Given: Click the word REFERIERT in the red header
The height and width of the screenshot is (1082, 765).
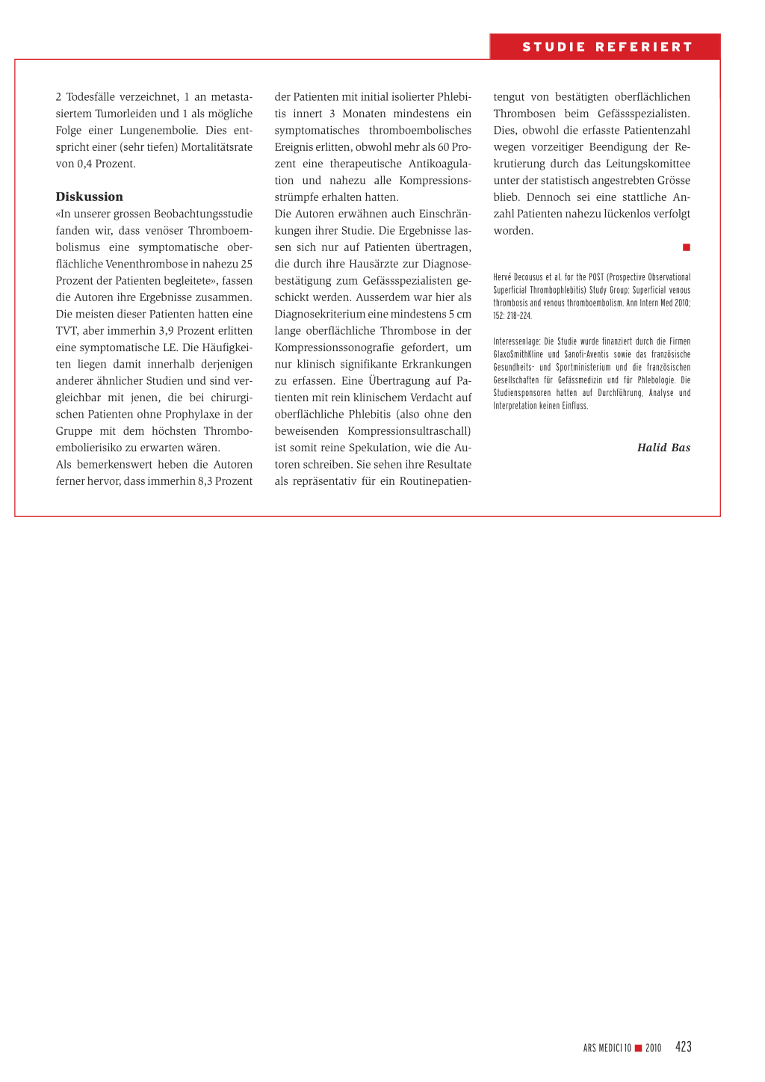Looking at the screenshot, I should point(644,47).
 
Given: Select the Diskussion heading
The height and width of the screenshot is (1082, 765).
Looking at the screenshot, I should point(89,197).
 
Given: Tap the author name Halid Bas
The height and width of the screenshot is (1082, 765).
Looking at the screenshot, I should point(663,448).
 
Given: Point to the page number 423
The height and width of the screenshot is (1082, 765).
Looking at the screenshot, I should point(683,1047).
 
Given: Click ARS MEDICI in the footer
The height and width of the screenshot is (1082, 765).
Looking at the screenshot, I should point(603,1048).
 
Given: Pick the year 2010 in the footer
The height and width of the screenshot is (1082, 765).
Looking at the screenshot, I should point(654,1048).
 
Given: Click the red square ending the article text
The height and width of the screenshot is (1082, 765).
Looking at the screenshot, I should point(687,247).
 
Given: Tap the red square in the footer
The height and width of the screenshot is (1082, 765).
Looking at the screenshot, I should point(639,1048).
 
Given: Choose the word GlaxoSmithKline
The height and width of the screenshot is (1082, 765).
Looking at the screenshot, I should point(518,354).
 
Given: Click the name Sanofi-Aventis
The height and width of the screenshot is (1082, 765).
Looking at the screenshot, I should point(586,354).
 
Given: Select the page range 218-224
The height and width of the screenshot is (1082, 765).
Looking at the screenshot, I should point(519,316).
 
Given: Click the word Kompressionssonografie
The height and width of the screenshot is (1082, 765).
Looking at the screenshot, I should point(334,347).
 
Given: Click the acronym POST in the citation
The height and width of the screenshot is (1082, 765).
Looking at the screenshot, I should point(596,277).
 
